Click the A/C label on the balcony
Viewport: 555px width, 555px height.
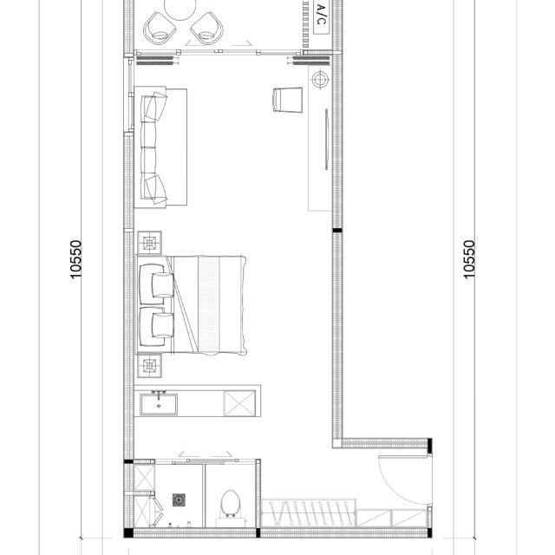coord(321,14)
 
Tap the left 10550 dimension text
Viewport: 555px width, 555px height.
coord(75,259)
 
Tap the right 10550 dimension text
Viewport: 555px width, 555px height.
coord(468,259)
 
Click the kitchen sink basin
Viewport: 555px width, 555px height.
coord(159,404)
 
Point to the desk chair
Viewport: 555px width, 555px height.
coord(288,100)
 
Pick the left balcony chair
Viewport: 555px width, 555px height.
coord(160,29)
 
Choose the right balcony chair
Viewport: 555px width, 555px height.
coord(207,29)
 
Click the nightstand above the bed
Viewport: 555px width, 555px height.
coord(149,243)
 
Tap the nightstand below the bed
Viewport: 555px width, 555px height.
coord(149,366)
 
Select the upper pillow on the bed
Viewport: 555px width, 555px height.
coord(163,285)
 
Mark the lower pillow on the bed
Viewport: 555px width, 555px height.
coord(163,325)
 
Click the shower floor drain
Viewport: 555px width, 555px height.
coord(180,499)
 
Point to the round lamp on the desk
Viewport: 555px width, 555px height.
coord(320,79)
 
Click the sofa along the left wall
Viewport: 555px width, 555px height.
coord(160,147)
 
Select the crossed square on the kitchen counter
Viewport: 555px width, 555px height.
coord(239,403)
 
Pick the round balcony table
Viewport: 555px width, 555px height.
coord(180,8)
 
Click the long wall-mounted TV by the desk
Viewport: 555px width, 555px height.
coord(326,139)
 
